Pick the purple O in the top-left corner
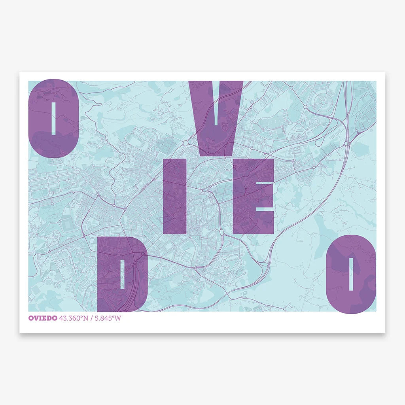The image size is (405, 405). coord(40,119)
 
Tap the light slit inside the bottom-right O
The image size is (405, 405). coord(350,274)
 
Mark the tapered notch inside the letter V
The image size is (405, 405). coord(216,105)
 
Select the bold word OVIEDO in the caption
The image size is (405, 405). coord(43,318)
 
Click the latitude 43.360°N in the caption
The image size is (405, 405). coord(74,318)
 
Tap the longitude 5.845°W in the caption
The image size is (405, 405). coord(107,318)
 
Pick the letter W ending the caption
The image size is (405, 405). coord(118,318)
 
